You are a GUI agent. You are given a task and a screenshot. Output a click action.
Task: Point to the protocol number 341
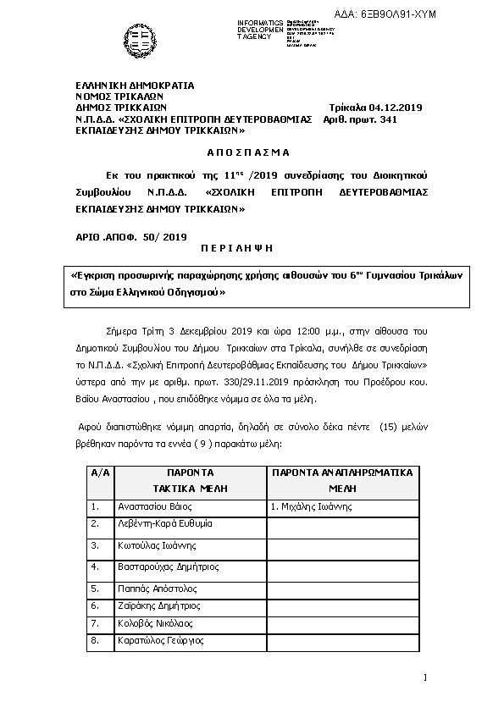(x=386, y=119)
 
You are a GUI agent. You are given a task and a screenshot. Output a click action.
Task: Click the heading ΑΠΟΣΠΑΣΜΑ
(x=248, y=152)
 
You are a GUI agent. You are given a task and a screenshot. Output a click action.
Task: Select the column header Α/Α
(x=99, y=473)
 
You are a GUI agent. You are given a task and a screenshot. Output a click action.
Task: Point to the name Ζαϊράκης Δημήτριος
(x=158, y=605)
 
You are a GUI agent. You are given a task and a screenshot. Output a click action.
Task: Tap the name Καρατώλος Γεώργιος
(x=160, y=641)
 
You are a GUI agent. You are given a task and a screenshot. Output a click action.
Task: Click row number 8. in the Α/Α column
(x=96, y=641)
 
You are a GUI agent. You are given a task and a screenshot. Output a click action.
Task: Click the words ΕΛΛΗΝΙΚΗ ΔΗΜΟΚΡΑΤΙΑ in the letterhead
(x=135, y=86)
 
